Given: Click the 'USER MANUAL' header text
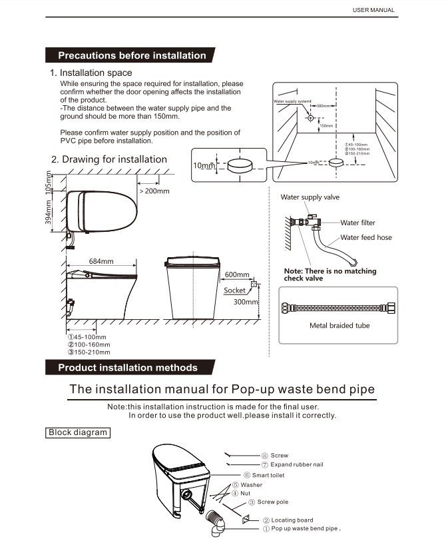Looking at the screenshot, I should [x=373, y=10].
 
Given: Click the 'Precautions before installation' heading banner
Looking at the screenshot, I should [x=132, y=55].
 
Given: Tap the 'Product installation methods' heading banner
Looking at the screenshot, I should [x=128, y=367].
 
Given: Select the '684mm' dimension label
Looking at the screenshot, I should [x=103, y=261].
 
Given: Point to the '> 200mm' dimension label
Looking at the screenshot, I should [x=154, y=191].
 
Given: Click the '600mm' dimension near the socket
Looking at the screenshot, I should [x=237, y=274].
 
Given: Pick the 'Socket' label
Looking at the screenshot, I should [x=234, y=290].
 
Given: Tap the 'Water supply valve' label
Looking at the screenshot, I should [x=310, y=197].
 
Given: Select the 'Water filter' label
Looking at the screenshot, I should [x=358, y=223].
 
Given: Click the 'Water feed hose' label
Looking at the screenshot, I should [x=366, y=237].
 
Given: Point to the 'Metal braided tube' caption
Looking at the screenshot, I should [x=339, y=325].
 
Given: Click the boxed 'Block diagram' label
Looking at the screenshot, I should [x=78, y=432].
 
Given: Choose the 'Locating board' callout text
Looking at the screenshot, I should [x=292, y=520].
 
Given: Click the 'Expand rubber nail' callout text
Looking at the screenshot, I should [x=297, y=464].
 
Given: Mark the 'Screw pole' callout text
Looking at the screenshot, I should [x=273, y=502].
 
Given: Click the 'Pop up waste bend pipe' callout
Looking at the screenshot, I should [x=306, y=528].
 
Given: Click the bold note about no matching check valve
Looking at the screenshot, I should [x=330, y=274].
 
